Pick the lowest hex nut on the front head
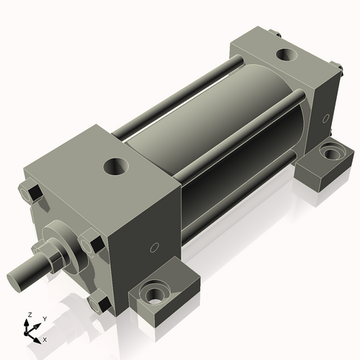(99, 302)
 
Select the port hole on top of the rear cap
(287, 55)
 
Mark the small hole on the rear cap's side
(325, 117)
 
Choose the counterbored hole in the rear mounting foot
(333, 153)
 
